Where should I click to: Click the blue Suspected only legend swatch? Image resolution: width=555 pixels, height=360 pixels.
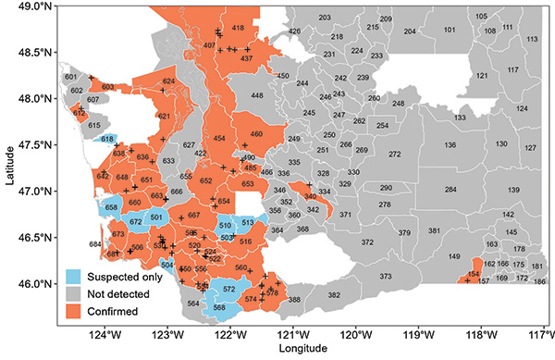pyautogui.click(x=73, y=276)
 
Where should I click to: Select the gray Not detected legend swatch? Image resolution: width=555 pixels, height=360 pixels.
pyautogui.click(x=73, y=293)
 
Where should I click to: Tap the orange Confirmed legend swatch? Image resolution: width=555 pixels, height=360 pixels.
pyautogui.click(x=73, y=312)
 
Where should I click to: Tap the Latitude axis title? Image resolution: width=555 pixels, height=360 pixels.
pyautogui.click(x=8, y=168)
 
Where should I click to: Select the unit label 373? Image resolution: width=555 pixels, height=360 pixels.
pyautogui.click(x=386, y=276)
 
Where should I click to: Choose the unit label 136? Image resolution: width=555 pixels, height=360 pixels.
pyautogui.click(x=450, y=145)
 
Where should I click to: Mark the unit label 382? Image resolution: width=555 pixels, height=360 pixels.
pyautogui.click(x=334, y=294)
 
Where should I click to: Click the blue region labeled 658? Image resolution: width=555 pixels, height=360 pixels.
pyautogui.click(x=112, y=209)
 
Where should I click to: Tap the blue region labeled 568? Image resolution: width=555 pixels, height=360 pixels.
pyautogui.click(x=219, y=308)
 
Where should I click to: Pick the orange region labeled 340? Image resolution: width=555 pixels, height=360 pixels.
pyautogui.click(x=311, y=196)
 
